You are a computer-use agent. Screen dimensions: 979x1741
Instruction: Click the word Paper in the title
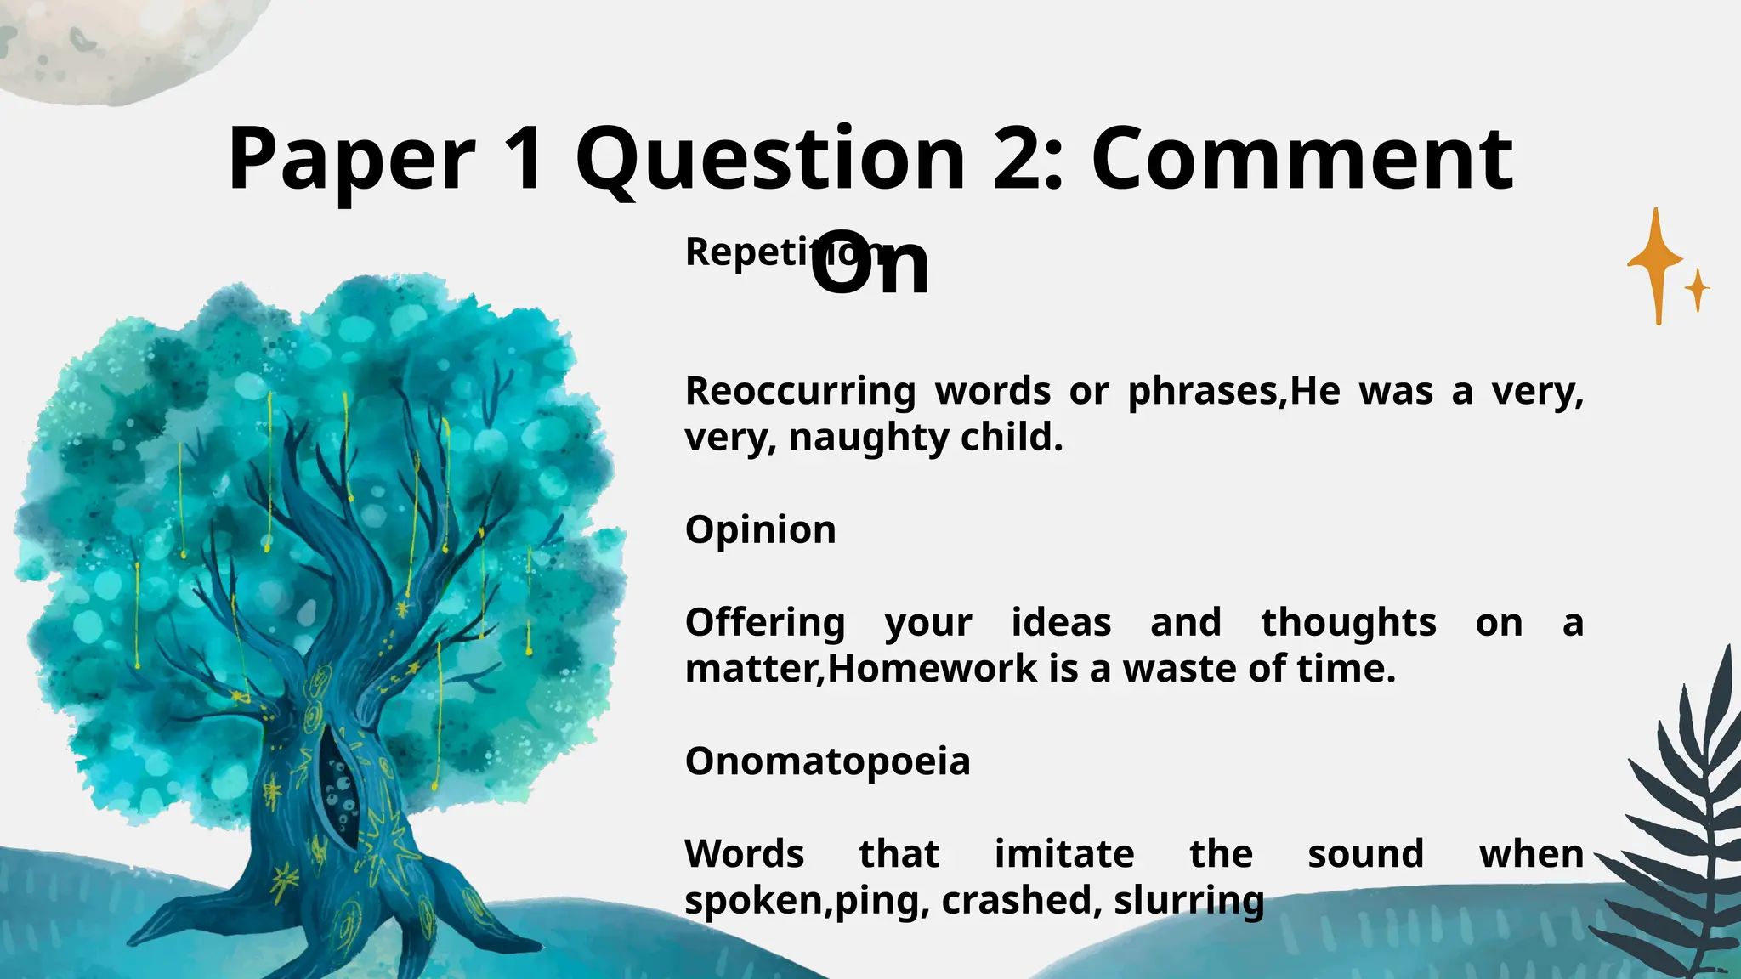(351, 159)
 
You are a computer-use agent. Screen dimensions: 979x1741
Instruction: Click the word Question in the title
(770, 159)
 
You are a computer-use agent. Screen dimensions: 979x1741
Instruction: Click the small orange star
(1698, 290)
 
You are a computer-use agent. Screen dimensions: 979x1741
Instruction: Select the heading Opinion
(760, 529)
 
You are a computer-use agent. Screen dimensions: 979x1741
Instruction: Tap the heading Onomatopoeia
(827, 761)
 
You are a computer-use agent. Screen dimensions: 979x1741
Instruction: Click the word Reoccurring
(800, 391)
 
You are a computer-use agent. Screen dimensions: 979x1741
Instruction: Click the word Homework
(933, 669)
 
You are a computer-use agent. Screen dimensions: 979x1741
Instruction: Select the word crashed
(1017, 900)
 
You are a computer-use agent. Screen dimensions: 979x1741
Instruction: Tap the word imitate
(1064, 853)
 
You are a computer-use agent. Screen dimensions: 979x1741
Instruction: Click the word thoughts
(1348, 622)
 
